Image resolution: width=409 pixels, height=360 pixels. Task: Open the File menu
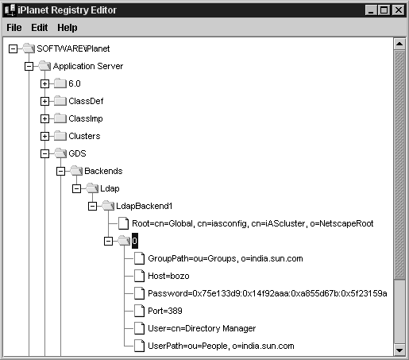(x=14, y=28)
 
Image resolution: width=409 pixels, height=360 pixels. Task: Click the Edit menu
(x=40, y=28)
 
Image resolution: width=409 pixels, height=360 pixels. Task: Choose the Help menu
(x=68, y=28)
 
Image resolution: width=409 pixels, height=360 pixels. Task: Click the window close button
(x=399, y=10)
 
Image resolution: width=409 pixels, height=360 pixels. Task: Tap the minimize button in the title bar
(x=371, y=10)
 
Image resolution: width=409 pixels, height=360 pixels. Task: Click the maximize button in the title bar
(x=384, y=10)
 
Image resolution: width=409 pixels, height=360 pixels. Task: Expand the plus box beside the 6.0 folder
(x=44, y=83)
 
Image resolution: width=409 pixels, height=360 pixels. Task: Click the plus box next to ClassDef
(x=44, y=101)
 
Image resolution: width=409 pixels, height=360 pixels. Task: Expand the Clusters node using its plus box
(x=44, y=136)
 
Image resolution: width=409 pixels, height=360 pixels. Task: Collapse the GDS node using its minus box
(x=44, y=153)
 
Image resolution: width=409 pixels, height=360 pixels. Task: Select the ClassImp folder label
(x=86, y=118)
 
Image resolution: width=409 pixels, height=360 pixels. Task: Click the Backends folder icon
(x=76, y=171)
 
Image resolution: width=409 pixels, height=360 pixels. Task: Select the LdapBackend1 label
(x=145, y=206)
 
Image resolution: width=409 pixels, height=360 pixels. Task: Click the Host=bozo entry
(x=168, y=276)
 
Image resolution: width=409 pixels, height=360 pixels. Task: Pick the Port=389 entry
(x=165, y=311)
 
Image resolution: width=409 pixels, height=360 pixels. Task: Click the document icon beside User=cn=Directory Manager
(x=140, y=328)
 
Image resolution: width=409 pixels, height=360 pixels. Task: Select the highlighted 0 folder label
(x=135, y=241)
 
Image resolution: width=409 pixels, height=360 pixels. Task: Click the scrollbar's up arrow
(x=399, y=44)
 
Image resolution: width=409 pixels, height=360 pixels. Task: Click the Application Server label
(x=88, y=66)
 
